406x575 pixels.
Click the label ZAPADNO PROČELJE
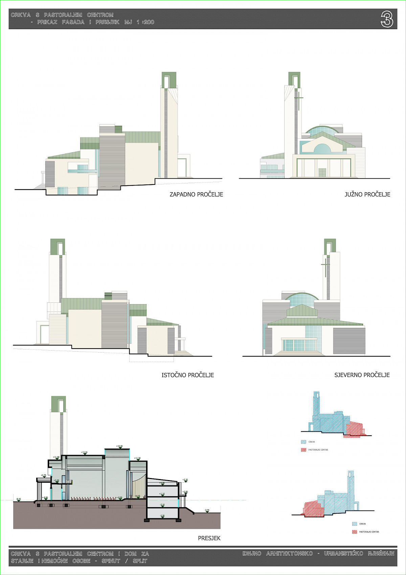196,194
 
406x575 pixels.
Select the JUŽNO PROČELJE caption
367,194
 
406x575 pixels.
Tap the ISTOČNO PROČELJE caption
187,375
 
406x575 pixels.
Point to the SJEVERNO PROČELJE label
362,375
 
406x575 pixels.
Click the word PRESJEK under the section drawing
209,538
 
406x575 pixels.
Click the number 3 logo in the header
387,19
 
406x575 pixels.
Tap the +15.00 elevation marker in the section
119,447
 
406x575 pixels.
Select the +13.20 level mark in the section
84,453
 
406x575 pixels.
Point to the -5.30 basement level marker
162,516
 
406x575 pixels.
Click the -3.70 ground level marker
207,510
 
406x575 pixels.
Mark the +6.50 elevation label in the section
43,476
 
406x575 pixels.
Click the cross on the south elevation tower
299,99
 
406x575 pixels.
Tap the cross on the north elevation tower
325,265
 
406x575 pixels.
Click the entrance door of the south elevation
322,173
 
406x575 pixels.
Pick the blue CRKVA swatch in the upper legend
303,442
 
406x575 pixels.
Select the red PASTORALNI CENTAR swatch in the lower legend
354,532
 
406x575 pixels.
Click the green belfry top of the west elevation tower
169,80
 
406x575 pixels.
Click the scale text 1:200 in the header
145,22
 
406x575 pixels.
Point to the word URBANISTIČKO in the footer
343,554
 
